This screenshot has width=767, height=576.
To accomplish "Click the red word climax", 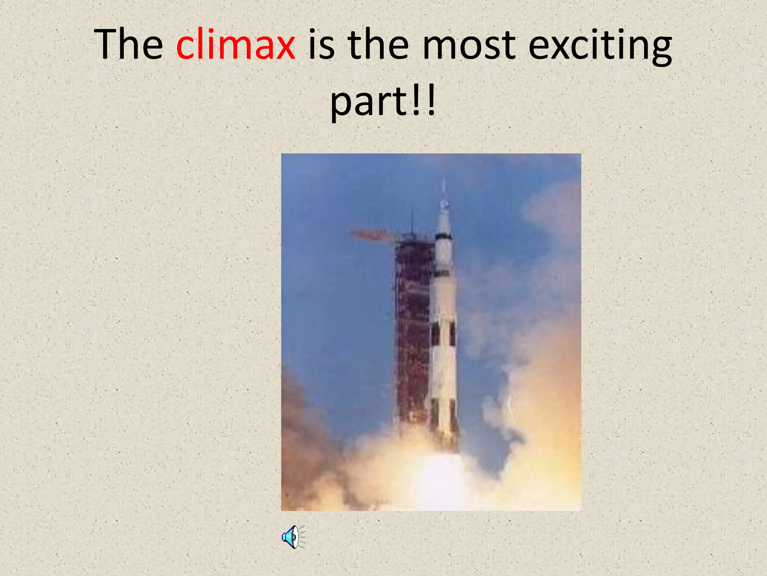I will coord(236,45).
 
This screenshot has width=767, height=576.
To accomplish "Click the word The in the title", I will coord(128,45).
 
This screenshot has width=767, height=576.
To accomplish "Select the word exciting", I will coord(600,47).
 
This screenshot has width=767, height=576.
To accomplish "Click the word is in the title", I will coord(321,45).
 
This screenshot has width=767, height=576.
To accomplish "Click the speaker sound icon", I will coord(293,537).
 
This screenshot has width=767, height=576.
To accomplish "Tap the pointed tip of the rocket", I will coord(444,182).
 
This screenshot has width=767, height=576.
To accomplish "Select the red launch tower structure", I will coord(412,330).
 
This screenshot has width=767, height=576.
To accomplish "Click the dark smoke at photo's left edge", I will coord(296,431).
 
